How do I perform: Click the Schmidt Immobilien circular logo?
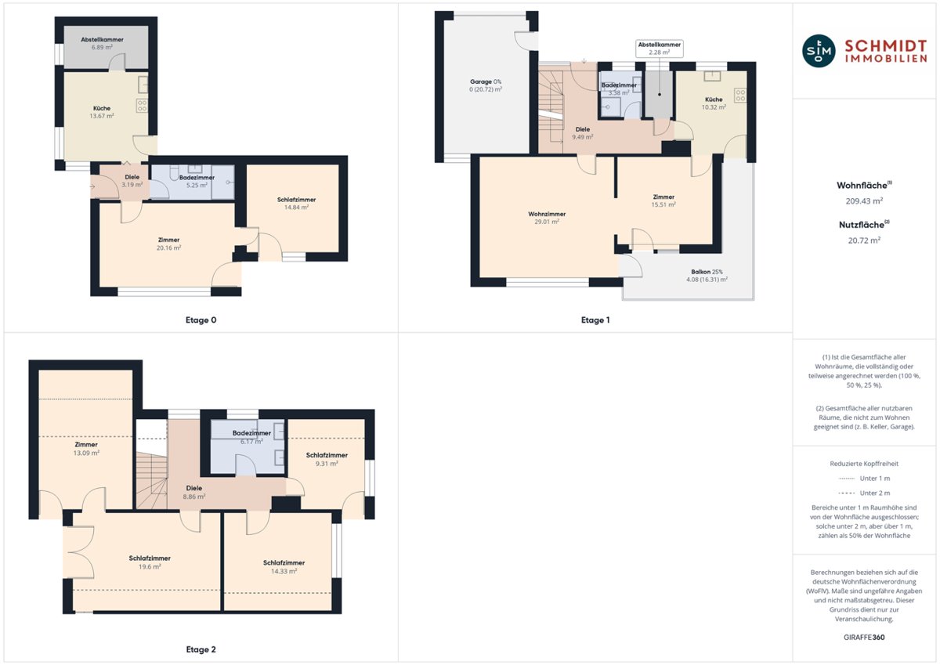(x=819, y=51)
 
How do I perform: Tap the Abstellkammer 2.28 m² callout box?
(x=660, y=49)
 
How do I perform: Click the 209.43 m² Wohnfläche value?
(x=864, y=201)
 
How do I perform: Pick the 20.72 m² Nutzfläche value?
(x=864, y=240)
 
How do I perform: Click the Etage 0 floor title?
(x=201, y=320)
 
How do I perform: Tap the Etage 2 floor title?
(x=201, y=649)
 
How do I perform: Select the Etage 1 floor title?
(x=595, y=320)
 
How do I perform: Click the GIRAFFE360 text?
(x=864, y=638)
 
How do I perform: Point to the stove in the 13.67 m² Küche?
(x=142, y=105)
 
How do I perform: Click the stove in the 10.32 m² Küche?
(x=740, y=96)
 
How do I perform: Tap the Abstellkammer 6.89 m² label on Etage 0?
(x=102, y=43)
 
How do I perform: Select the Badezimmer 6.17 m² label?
(x=251, y=437)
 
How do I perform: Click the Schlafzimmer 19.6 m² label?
(x=150, y=562)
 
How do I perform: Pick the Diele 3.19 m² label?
(x=132, y=181)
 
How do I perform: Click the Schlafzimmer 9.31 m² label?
(x=327, y=459)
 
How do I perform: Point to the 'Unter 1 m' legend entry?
(x=864, y=479)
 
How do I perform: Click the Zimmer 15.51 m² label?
(x=663, y=201)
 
